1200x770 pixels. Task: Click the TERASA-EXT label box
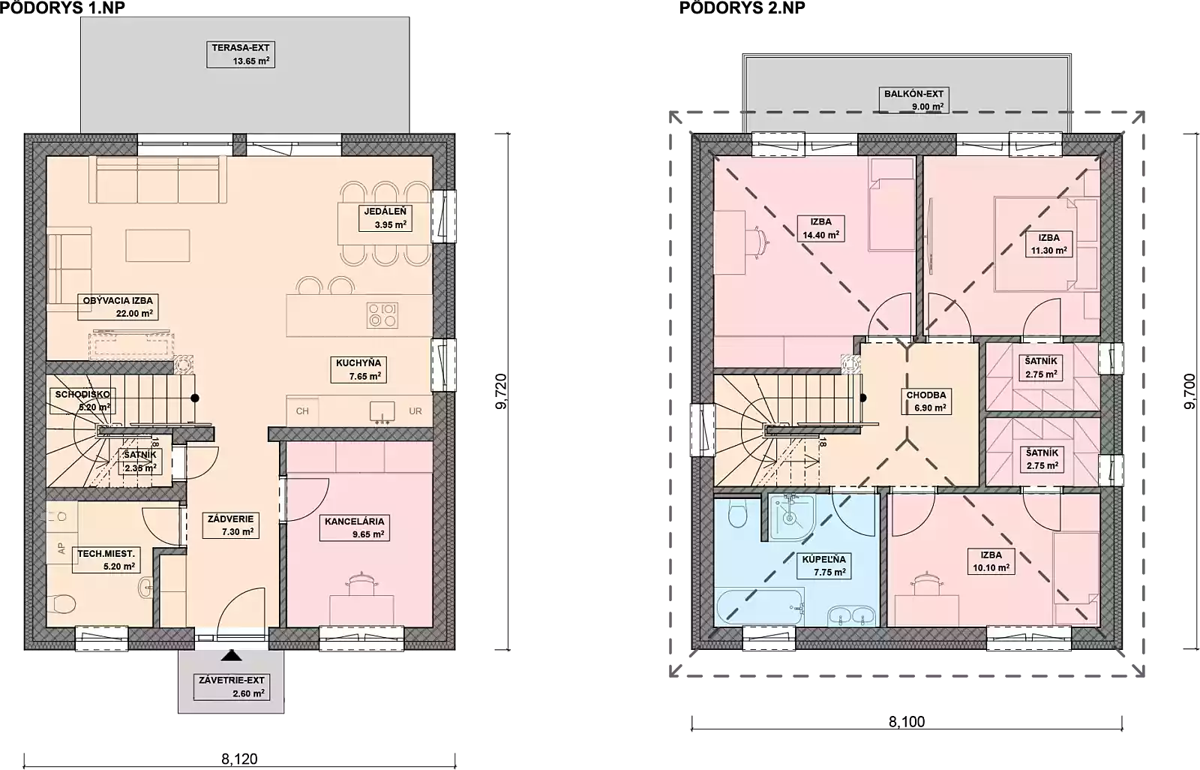tap(241, 54)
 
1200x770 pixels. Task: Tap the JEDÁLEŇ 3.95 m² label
tap(385, 218)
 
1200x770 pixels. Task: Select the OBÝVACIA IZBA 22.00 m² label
tap(118, 307)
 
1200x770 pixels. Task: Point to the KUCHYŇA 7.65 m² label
tap(358, 369)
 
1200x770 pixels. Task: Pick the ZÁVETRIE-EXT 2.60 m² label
tap(232, 687)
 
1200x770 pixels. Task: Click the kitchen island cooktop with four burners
tap(382, 314)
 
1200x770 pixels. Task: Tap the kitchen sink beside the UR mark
tap(382, 412)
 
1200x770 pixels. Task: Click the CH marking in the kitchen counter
tap(302, 411)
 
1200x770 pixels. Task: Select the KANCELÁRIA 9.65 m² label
tap(354, 528)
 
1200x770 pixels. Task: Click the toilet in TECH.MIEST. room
tap(61, 604)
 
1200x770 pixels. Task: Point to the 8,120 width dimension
tap(239, 759)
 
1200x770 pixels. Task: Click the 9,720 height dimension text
tap(501, 392)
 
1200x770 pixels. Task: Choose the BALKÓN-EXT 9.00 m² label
tap(914, 101)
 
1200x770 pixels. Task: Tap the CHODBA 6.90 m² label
tap(926, 402)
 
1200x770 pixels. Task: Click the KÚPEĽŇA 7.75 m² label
tap(824, 566)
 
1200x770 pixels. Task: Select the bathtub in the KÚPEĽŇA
tap(760, 608)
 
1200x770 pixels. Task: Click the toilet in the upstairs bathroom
tap(738, 514)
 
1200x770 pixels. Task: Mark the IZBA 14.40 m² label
tap(820, 228)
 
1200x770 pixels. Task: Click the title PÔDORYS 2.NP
tap(742, 8)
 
